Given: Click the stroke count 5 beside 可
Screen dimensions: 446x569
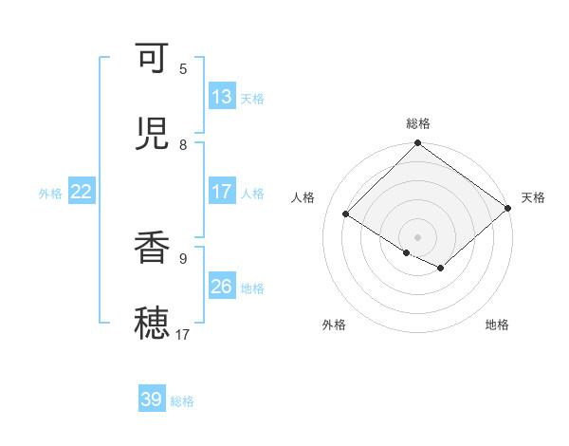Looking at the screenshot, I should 183,68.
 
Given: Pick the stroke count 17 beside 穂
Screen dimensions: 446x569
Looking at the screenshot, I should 183,334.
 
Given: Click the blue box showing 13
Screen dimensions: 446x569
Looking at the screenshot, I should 222,97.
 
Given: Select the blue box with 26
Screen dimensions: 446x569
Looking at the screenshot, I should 222,287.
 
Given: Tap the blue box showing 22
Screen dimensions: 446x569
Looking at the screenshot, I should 82,192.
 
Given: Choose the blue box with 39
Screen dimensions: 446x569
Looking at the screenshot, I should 152,400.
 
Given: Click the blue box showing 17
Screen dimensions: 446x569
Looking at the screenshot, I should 222,192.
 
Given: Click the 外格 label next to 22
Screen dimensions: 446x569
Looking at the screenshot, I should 50,193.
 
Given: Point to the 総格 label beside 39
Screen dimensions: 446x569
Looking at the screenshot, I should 182,401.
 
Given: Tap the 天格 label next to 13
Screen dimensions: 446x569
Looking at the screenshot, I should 252,98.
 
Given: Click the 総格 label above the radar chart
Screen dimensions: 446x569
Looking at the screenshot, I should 418,123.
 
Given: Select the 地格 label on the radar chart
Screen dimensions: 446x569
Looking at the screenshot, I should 497,325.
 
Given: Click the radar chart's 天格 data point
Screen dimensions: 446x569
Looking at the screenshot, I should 508,208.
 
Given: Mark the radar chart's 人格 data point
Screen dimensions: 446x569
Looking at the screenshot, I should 346,214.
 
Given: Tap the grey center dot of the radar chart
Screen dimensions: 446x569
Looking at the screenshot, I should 418,237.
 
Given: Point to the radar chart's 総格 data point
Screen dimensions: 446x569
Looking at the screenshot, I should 418,144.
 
